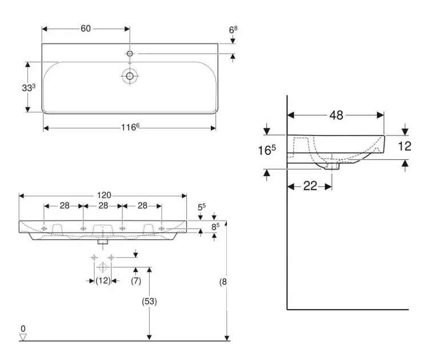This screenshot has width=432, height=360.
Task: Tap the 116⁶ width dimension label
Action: (x=130, y=127)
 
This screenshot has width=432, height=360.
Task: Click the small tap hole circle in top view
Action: (x=130, y=54)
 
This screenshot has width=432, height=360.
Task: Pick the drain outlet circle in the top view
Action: (x=130, y=75)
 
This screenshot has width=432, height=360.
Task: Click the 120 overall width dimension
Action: (x=104, y=195)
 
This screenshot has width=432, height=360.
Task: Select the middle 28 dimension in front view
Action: (x=103, y=206)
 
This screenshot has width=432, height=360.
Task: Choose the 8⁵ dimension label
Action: (x=216, y=227)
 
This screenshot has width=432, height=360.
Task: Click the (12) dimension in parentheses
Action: (x=103, y=281)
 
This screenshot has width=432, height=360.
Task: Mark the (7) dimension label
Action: (x=136, y=281)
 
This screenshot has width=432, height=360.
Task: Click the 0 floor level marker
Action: (x=23, y=329)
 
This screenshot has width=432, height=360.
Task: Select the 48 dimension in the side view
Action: (x=336, y=115)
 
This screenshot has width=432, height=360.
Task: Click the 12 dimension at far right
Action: (x=405, y=146)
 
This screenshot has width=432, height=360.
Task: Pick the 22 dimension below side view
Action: (x=310, y=186)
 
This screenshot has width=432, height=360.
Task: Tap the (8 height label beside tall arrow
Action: (x=223, y=281)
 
